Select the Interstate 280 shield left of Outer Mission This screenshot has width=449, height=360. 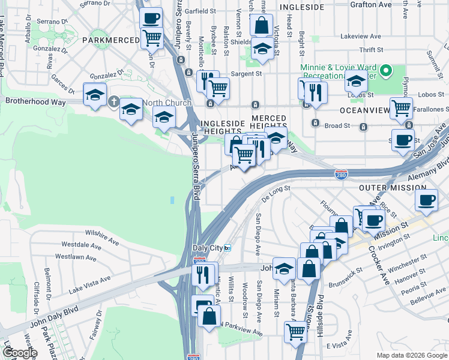click(341, 173)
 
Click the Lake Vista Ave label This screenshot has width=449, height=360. click(89, 283)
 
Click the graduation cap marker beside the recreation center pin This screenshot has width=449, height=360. click(356, 81)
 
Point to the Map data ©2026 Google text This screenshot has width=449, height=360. click(411, 355)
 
